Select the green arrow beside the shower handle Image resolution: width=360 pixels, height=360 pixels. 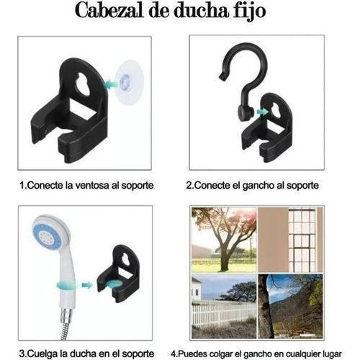(87, 284)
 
